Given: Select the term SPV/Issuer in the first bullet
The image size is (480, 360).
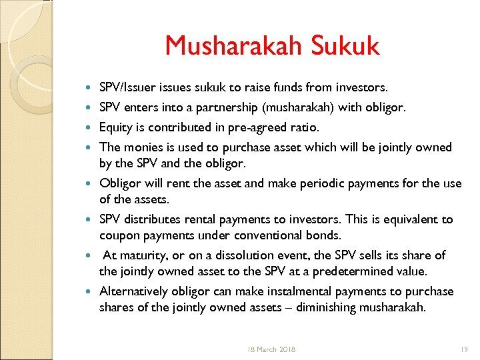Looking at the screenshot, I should (127, 87).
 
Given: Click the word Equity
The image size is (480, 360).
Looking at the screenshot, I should (114, 127).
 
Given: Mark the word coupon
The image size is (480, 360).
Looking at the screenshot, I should (117, 235).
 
